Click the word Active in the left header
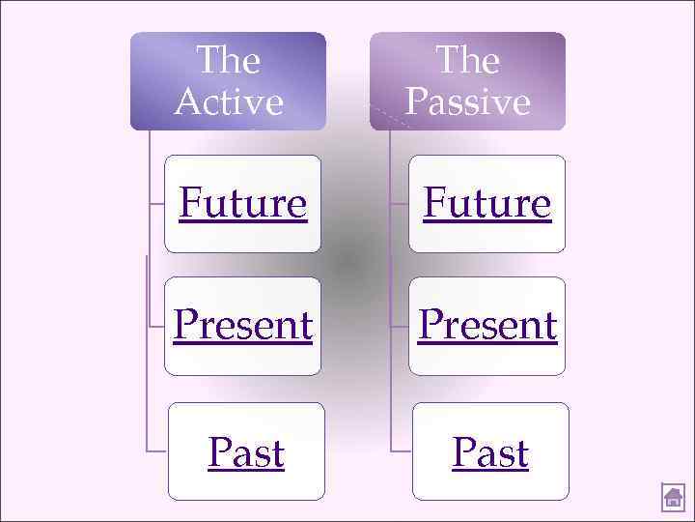[x=229, y=101]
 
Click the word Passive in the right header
[x=467, y=101]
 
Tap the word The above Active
[x=229, y=61]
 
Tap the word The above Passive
[x=467, y=61]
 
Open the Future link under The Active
[x=243, y=204]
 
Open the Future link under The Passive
[x=487, y=204]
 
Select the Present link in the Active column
[x=243, y=326]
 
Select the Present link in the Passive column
[x=487, y=326]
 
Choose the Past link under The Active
[x=246, y=452]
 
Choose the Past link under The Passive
[x=490, y=452]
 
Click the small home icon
[x=673, y=498]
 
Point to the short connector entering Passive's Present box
[x=399, y=327]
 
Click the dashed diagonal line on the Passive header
[x=391, y=117]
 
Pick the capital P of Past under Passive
[x=463, y=452]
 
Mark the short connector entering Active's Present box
[x=156, y=327]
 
